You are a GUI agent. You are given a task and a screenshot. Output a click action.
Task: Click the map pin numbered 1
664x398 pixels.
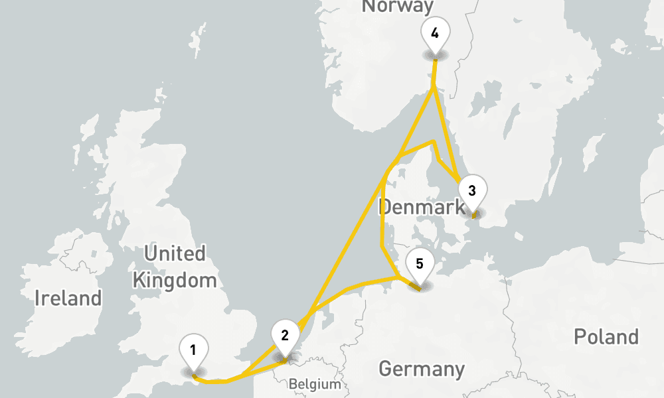193,350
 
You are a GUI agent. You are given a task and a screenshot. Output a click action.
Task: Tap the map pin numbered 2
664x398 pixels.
285,335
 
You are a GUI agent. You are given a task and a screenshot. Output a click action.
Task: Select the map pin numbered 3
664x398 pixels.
471,191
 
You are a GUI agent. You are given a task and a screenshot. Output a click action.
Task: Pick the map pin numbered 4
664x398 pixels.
434,33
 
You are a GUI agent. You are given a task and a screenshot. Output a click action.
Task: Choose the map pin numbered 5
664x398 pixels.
419,264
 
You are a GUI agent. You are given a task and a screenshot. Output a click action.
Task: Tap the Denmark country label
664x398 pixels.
422,207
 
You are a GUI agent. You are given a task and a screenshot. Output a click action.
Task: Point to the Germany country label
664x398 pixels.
421,369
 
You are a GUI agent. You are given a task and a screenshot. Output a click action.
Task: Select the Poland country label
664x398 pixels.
606,337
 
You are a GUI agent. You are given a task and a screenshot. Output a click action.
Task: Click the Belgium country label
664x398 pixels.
315,384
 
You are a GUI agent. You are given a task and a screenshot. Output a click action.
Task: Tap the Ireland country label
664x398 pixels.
68,298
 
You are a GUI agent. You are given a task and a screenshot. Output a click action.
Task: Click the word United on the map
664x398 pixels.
175,253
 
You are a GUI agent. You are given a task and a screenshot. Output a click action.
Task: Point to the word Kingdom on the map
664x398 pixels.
175,280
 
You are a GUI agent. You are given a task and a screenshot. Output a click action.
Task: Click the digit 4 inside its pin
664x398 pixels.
434,33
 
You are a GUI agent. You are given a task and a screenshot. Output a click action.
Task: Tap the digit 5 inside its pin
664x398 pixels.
419,264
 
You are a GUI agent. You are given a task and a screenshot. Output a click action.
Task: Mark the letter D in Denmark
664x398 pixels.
384,207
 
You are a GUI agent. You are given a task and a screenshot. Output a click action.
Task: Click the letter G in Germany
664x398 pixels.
384,369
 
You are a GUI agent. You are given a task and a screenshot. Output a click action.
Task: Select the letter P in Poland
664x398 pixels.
579,337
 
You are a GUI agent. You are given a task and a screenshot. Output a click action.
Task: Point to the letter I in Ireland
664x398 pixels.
38,298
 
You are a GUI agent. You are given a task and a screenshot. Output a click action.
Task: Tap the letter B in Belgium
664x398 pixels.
292,384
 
